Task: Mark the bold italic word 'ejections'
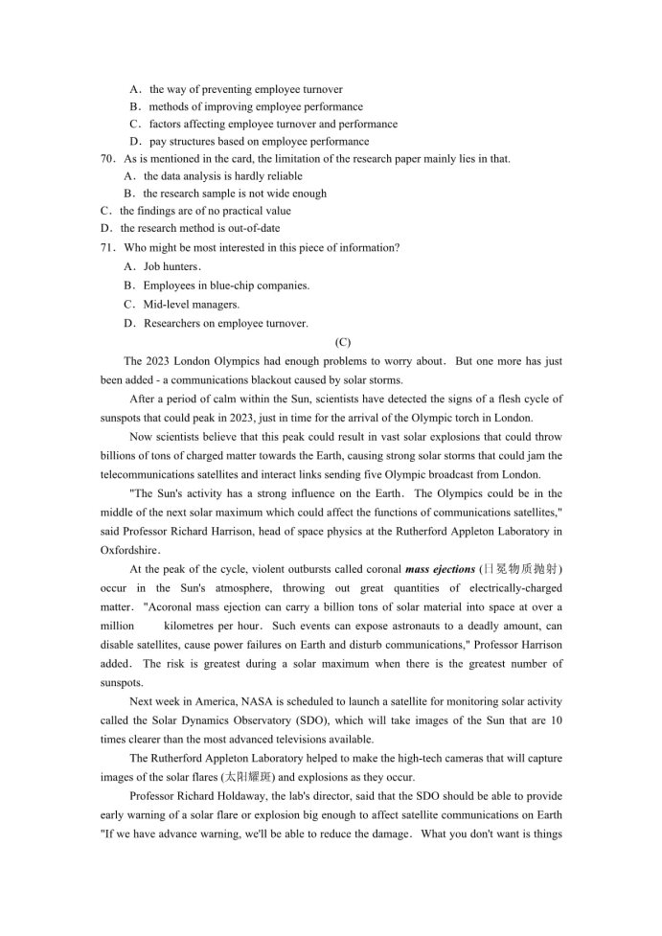click(x=450, y=569)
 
